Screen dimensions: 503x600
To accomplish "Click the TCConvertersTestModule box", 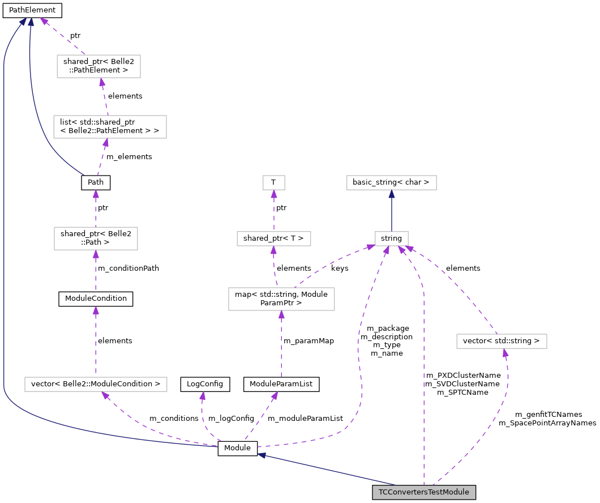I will point(423,492).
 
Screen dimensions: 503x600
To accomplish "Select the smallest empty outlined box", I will point(274,182).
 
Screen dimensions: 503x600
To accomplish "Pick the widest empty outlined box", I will point(96,384).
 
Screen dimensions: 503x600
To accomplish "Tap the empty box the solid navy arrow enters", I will point(392,182).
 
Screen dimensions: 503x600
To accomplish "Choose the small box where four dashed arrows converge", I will point(392,238).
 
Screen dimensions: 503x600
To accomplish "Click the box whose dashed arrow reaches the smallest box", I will point(274,238).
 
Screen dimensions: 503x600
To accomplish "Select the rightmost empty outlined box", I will point(502,341).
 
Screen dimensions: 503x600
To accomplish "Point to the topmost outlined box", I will point(98,66).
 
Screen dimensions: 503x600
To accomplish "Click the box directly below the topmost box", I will point(110,127).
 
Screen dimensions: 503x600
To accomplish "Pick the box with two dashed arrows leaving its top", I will point(281,299).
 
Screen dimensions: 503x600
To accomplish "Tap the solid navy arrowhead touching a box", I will point(392,194).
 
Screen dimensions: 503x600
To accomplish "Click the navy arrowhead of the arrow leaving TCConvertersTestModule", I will point(262,455).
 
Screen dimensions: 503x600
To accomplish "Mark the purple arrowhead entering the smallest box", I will point(274,194).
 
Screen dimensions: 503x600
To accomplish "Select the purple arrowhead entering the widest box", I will point(105,395).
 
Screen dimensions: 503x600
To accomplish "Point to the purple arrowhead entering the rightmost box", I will point(505,353).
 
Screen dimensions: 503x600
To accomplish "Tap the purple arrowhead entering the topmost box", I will point(102,82).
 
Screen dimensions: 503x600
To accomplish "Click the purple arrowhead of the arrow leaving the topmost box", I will point(44,21).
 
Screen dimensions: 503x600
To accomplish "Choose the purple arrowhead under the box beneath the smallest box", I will point(273,250).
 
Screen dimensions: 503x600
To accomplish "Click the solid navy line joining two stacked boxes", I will point(392,212).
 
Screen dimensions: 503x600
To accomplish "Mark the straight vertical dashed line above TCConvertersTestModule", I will point(423,385).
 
